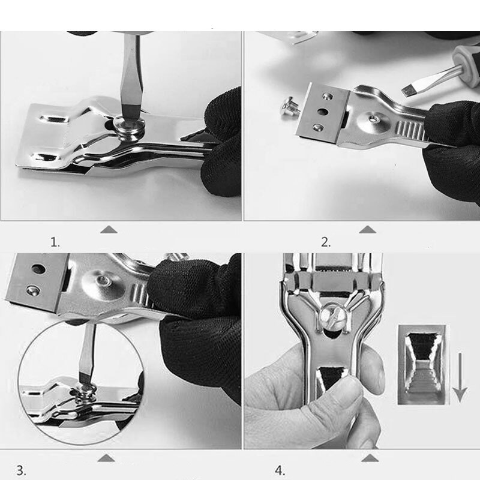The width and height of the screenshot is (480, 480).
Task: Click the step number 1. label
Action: (55, 243)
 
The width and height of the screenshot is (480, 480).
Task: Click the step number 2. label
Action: (326, 242)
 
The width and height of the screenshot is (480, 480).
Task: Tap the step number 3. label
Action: (21, 470)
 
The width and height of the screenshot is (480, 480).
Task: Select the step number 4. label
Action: (280, 470)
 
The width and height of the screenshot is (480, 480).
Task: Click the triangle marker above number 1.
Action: (109, 230)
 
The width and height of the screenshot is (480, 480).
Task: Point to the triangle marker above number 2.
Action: (367, 230)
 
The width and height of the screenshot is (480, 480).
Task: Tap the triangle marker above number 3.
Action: (106, 458)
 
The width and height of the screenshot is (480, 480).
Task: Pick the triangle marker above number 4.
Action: (370, 458)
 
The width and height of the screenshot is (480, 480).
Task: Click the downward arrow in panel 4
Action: (460, 377)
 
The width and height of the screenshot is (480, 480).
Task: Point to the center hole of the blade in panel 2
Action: (322, 112)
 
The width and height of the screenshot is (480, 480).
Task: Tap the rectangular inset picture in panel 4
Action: (422, 365)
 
